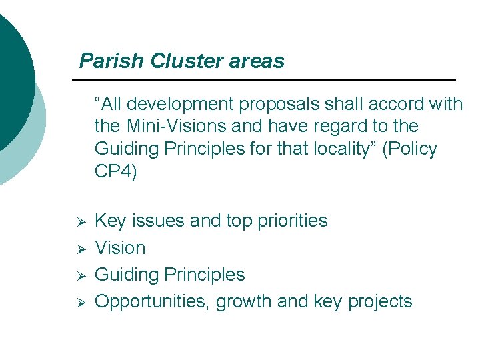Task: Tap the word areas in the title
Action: coord(257,61)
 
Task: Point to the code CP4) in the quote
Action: coord(116,171)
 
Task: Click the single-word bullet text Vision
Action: coord(120,248)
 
